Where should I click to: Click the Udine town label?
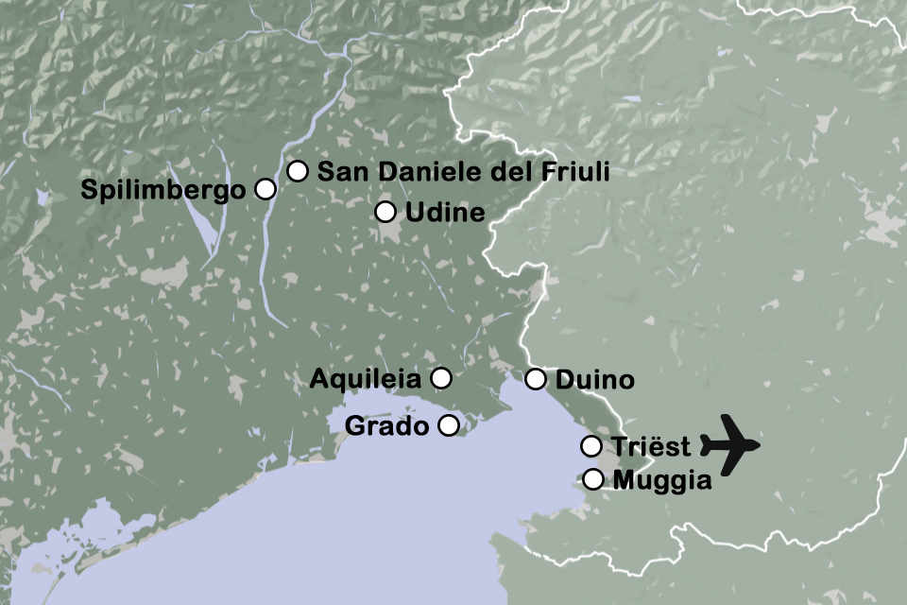pos(445,213)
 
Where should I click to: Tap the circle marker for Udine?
pos(385,212)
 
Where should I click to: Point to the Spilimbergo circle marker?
pos(265,189)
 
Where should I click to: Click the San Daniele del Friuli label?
pos(463,171)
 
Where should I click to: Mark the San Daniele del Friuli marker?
pos(298,170)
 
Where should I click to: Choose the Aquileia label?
pos(366,380)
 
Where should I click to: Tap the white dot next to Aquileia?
pos(440,379)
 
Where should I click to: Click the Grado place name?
pos(386,426)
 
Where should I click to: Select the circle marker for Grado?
pos(449,425)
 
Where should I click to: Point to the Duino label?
pos(594,381)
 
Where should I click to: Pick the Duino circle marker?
pos(536,380)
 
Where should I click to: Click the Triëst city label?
pos(651,446)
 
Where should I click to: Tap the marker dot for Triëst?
pos(591,446)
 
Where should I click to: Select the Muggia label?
pos(662,480)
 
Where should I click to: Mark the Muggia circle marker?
pos(592,479)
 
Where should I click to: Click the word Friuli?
pos(575,171)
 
